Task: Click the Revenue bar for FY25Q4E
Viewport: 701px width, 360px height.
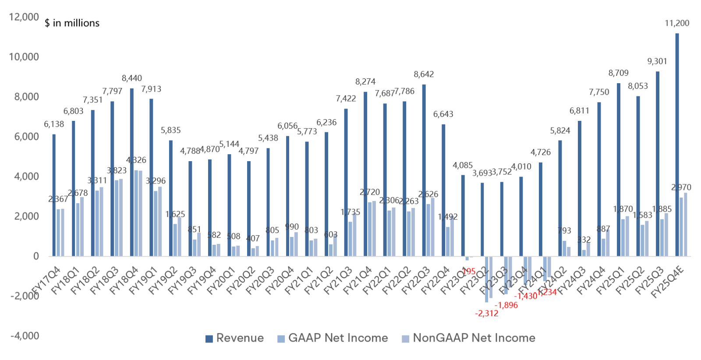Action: point(677,145)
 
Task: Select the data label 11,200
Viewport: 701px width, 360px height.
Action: point(677,23)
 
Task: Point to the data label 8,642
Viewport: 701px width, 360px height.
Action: point(424,74)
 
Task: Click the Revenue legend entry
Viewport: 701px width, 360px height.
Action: point(235,338)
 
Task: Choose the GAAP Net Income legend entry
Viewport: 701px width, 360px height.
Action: point(333,338)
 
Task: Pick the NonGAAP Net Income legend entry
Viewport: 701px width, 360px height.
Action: point(469,338)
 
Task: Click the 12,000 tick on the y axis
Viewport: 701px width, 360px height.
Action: point(24,17)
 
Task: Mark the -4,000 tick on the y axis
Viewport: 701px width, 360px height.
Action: point(25,336)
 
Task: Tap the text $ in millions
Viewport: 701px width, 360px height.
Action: point(72,23)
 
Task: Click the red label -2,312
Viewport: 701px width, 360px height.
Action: point(486,314)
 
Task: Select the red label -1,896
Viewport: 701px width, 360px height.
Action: point(506,305)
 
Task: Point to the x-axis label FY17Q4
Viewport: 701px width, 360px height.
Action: point(46,281)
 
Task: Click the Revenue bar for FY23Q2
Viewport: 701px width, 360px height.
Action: point(482,219)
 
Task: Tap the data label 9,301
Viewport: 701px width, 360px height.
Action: point(657,62)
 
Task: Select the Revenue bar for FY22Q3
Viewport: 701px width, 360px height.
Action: point(424,170)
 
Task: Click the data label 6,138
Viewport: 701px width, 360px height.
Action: point(54,124)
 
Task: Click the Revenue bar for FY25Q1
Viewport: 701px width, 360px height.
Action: point(619,169)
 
